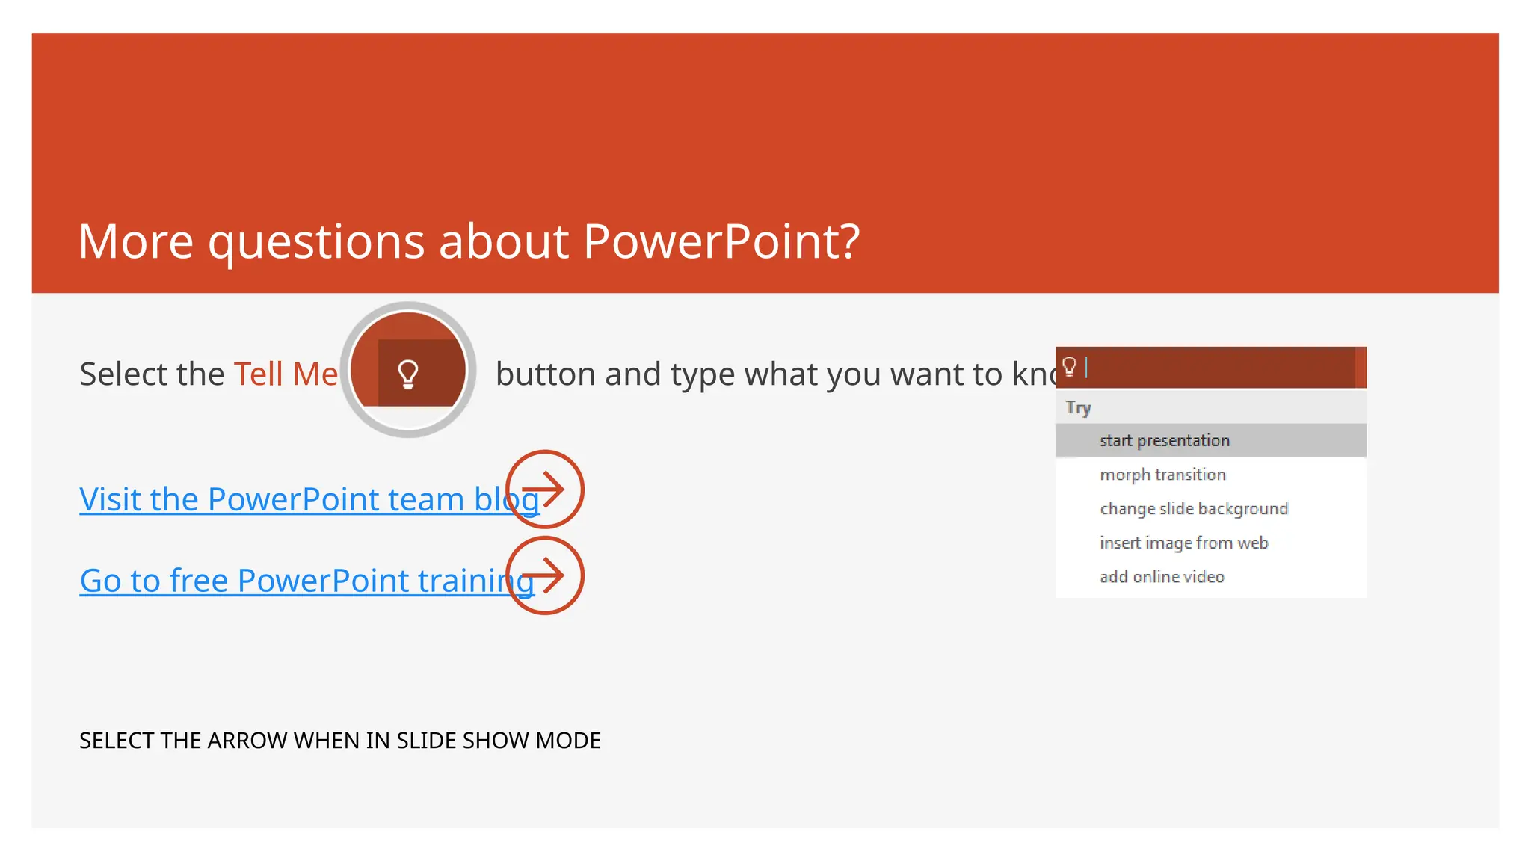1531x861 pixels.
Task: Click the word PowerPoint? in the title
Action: [721, 241]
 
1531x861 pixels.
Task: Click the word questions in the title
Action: [317, 243]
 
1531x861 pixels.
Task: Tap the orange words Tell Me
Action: [286, 374]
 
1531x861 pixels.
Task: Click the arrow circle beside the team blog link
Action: [545, 490]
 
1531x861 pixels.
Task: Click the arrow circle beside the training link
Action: [545, 575]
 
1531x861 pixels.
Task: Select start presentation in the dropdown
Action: [1164, 441]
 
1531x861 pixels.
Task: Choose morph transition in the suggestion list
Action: [1162, 475]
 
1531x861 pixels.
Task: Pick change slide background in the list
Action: [1194, 509]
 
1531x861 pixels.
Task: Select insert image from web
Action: [1183, 543]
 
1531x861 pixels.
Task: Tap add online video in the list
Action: [1162, 577]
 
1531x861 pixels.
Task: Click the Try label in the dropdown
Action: [1078, 408]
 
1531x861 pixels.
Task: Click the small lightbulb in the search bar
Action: [1069, 366]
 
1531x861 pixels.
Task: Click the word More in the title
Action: [135, 241]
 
